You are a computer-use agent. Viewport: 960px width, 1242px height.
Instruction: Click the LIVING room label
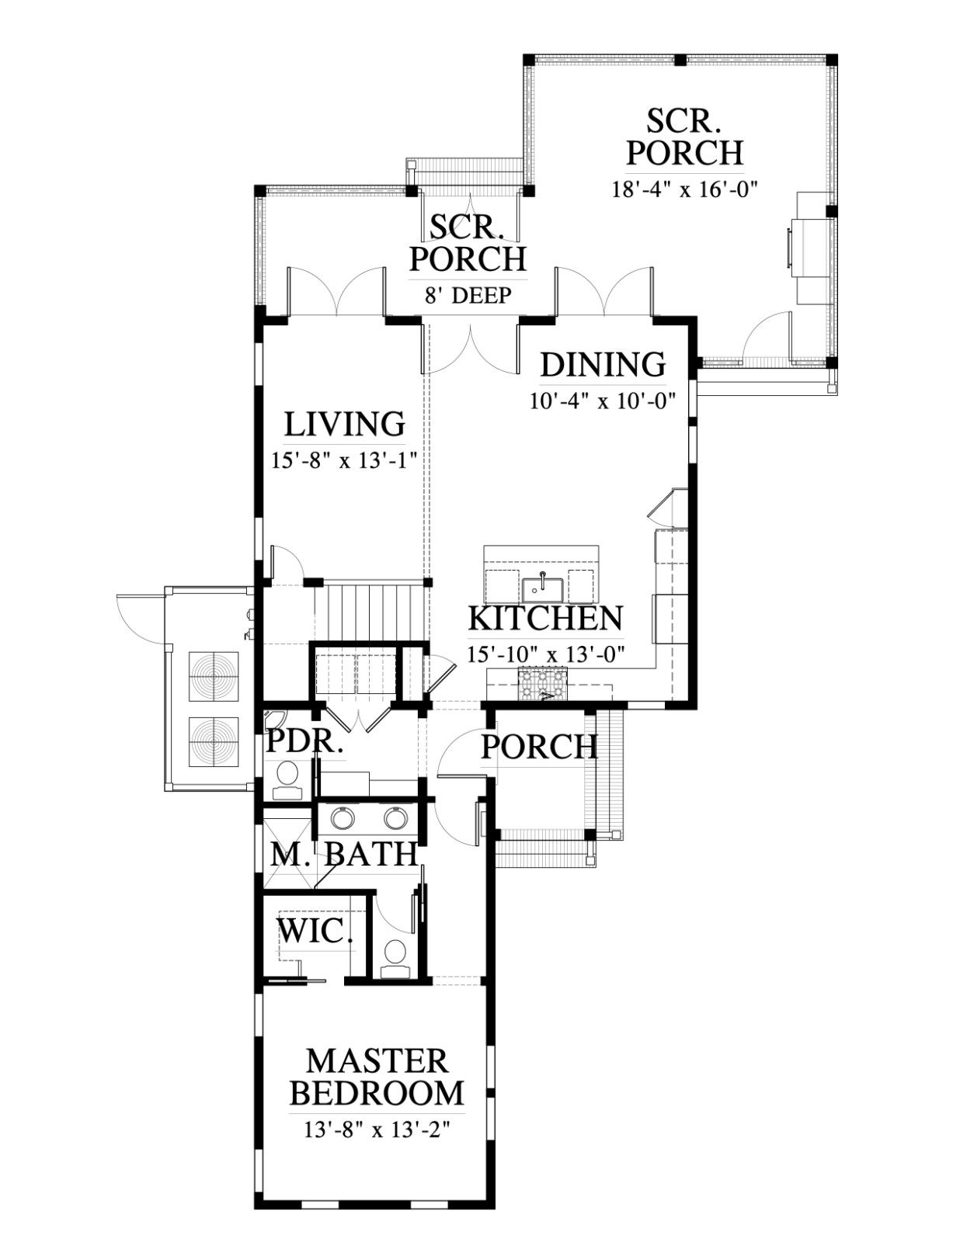[x=345, y=424]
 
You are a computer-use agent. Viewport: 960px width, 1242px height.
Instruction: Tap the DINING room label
[x=603, y=364]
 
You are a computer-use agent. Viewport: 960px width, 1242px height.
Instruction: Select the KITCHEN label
[x=545, y=618]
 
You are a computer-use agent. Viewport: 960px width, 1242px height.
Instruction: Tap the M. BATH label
[x=343, y=855]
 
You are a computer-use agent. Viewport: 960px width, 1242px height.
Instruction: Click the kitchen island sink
[x=542, y=588]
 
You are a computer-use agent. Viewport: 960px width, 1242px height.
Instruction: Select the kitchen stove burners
[x=541, y=684]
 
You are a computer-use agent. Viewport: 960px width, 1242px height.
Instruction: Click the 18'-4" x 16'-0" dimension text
[x=684, y=189]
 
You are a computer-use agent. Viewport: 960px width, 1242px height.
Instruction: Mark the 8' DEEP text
[x=468, y=295]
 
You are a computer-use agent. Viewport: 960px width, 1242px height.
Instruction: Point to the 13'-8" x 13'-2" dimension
[x=377, y=1130]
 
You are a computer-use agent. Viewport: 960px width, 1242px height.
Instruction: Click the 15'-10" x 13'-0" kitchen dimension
[x=545, y=654]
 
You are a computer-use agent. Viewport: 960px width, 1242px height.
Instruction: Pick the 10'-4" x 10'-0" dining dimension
[x=603, y=401]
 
